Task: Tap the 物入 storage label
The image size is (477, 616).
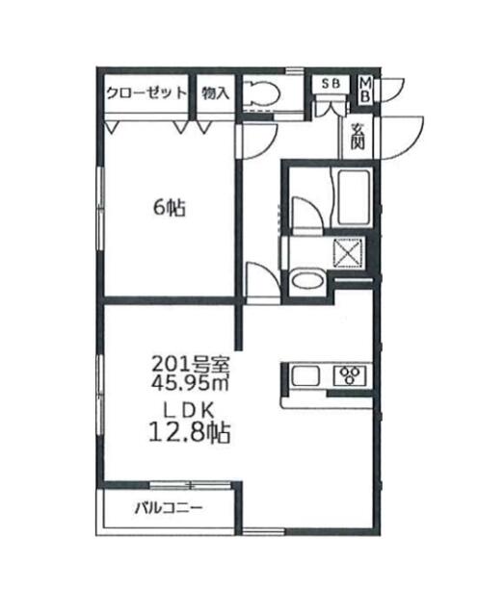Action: click(216, 93)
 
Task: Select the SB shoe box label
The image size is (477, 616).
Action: click(331, 84)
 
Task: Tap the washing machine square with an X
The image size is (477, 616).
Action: click(346, 253)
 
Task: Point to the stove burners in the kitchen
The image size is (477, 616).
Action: click(348, 375)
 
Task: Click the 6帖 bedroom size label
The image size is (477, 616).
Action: click(168, 206)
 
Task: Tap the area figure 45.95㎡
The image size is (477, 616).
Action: click(189, 382)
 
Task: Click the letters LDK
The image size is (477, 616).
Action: click(189, 408)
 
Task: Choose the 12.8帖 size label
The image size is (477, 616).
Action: click(189, 434)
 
